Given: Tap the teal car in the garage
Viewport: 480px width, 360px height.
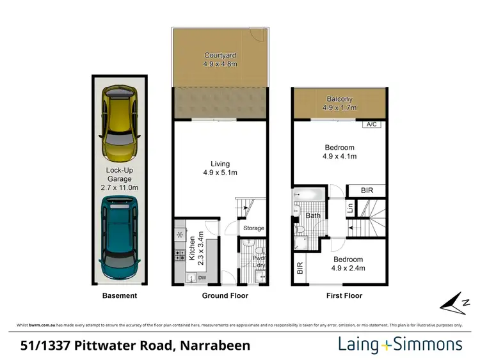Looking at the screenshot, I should [x=120, y=239].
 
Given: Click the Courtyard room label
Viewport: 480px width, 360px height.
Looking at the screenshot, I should [x=219, y=60].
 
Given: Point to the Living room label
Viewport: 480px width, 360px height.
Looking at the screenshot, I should [x=220, y=168].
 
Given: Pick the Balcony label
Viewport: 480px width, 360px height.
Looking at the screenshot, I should [x=339, y=104].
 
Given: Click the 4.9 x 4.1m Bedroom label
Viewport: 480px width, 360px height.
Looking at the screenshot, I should [x=339, y=152].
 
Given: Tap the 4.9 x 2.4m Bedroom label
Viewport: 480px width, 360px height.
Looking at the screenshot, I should [x=348, y=263].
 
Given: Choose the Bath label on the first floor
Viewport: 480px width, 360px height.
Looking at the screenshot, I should [x=312, y=216].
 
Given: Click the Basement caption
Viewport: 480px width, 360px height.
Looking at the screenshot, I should [x=120, y=296].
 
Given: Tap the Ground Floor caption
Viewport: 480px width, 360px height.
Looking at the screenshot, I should [x=225, y=296].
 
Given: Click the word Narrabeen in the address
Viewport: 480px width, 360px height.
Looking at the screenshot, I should [x=215, y=346].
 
